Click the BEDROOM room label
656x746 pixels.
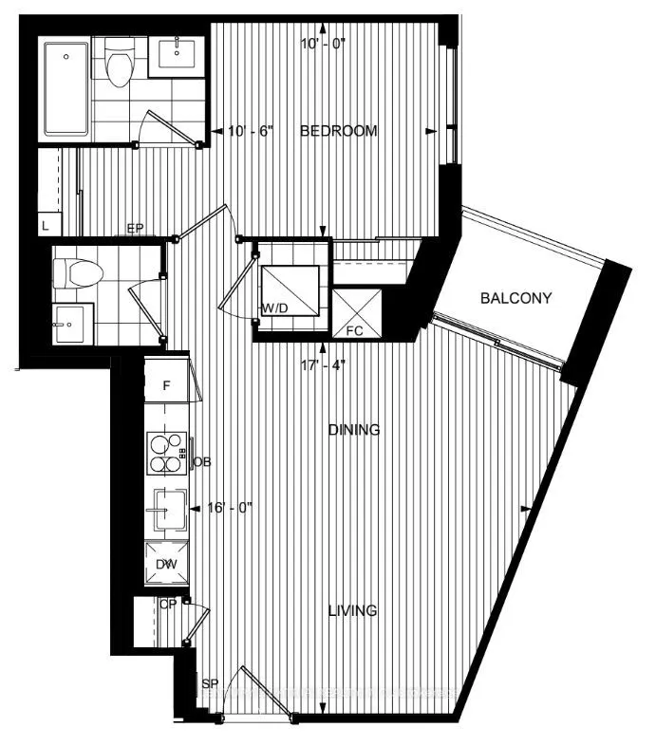338,131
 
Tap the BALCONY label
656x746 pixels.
516,298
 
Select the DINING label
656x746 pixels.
354,430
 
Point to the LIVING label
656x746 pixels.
353,610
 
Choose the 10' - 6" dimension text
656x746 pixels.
251,131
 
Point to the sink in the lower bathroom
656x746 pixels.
68,326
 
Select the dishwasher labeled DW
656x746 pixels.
167,565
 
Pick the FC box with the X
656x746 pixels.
356,313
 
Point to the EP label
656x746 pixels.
135,229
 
